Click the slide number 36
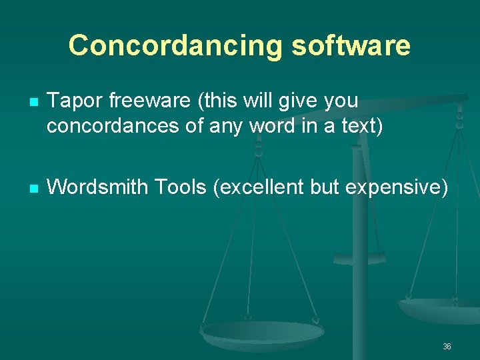[447, 347]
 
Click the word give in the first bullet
[289, 101]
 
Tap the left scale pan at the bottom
[263, 331]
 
